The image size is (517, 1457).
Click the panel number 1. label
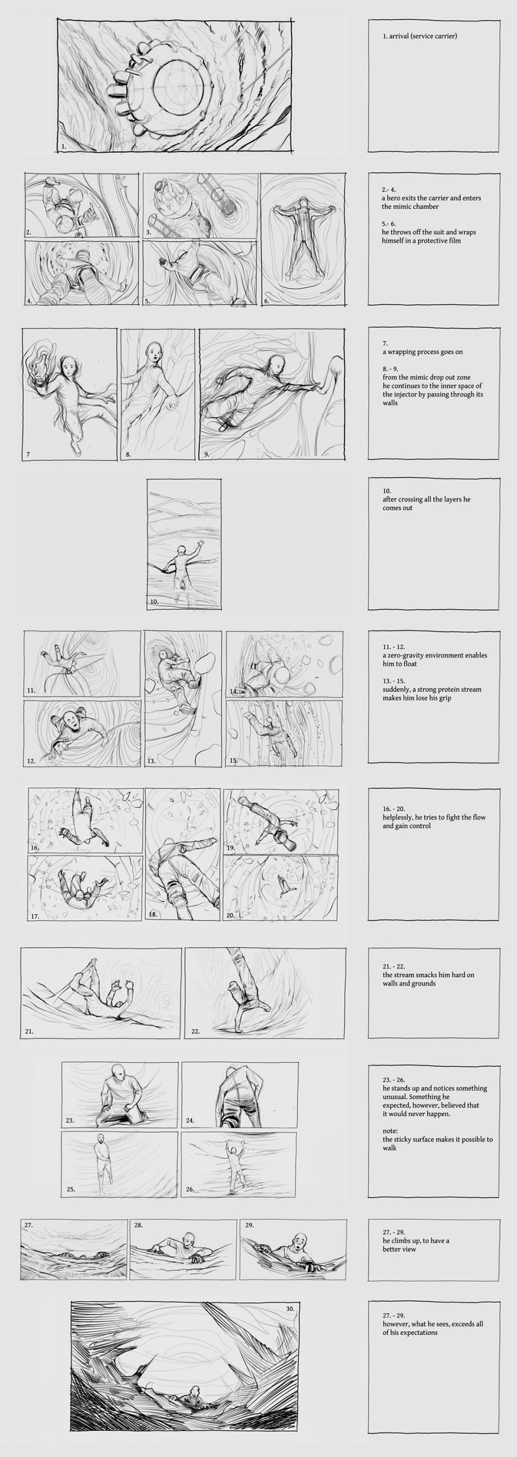pyautogui.click(x=64, y=146)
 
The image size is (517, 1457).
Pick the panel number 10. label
pyautogui.click(x=154, y=602)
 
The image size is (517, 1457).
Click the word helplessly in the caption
pyautogui.click(x=401, y=817)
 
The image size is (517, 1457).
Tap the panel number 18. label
pyautogui.click(x=153, y=915)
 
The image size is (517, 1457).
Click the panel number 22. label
pyautogui.click(x=195, y=1031)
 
